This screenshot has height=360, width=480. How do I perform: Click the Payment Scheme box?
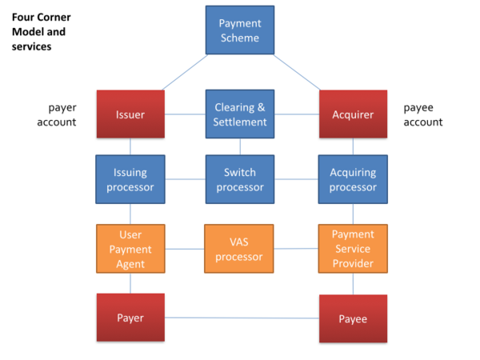239,30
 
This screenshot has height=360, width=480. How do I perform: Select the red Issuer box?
130,114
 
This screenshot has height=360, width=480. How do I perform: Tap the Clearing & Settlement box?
240,114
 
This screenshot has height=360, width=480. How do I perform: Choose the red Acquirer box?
353,114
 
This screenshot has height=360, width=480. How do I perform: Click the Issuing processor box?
130,180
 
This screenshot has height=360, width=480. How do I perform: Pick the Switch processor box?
240,180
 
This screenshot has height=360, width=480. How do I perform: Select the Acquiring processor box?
353,180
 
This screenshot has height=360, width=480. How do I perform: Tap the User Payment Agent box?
130,248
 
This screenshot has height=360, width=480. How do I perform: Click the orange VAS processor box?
240,248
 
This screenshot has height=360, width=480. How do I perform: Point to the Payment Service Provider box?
353,248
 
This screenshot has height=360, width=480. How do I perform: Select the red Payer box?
130,318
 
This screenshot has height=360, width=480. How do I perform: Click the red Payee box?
353,319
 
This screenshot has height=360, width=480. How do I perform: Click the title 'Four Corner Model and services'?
38,32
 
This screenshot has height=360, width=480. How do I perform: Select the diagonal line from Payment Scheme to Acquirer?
296,72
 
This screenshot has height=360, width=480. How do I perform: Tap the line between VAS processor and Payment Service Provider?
296,248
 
